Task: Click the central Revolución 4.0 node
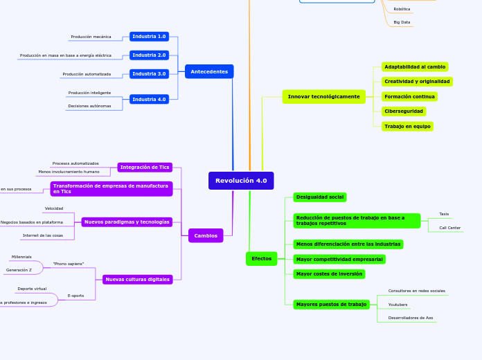point(241,181)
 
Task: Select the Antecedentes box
point(209,71)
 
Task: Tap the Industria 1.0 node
point(149,36)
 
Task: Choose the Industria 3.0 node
point(149,73)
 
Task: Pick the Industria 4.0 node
point(149,99)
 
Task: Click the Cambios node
point(206,235)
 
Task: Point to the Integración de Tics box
point(145,167)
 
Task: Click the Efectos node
point(261,258)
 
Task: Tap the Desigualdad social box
point(320,197)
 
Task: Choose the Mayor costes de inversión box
point(329,273)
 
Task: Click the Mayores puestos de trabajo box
point(331,304)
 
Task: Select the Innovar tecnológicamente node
point(323,96)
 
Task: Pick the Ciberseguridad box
point(404,111)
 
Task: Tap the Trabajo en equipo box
point(407,126)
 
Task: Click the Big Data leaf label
point(402,22)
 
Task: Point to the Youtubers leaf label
point(398,305)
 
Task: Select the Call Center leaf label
point(449,228)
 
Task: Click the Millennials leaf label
point(21,257)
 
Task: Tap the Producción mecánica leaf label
point(91,37)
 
